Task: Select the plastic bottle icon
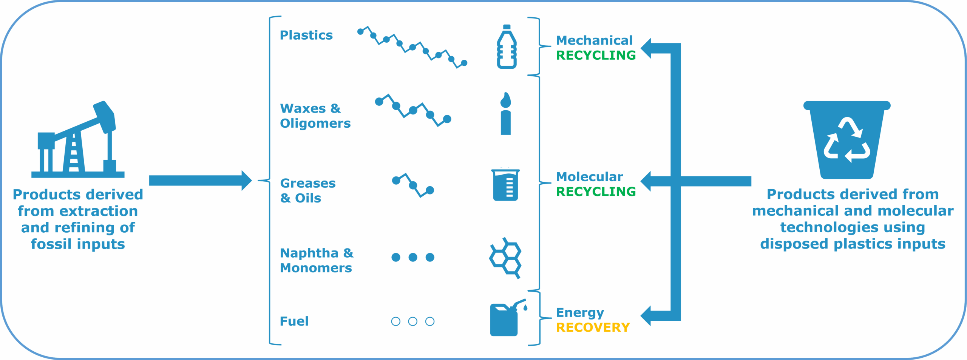click(x=507, y=47)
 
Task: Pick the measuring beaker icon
click(x=505, y=185)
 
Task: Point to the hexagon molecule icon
click(x=505, y=258)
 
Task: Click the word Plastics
click(x=306, y=35)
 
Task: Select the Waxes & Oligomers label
click(x=315, y=116)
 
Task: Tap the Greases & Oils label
click(x=307, y=191)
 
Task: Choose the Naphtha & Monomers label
click(x=317, y=260)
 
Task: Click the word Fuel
click(x=294, y=321)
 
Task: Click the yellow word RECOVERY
click(x=593, y=328)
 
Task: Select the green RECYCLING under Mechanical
click(x=596, y=55)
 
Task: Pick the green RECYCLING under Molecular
click(x=596, y=192)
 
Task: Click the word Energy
click(x=580, y=313)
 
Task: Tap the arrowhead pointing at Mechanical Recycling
click(x=647, y=48)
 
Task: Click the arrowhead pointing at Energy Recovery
click(x=647, y=315)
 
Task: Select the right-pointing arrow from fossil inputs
click(x=200, y=180)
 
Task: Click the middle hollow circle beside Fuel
click(x=413, y=321)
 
